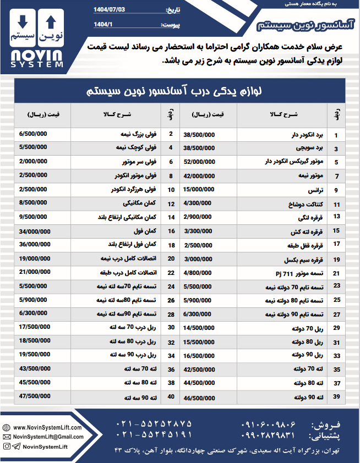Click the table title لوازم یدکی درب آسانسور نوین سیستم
(x=180, y=91)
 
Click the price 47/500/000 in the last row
(x=35, y=396)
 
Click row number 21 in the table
(x=336, y=273)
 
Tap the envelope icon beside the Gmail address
(x=7, y=437)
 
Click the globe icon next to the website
(x=7, y=427)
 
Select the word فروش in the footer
(x=329, y=425)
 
